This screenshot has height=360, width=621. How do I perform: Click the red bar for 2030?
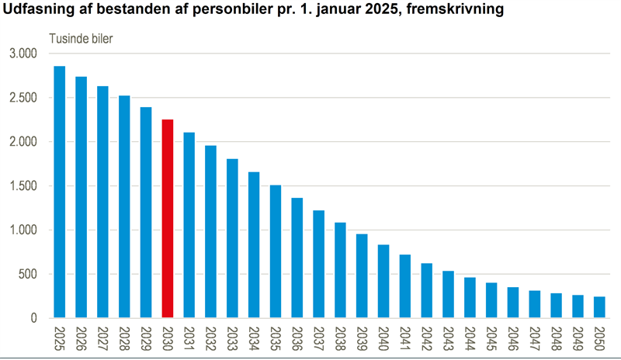[x=167, y=219]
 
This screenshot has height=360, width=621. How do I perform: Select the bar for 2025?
[x=59, y=192]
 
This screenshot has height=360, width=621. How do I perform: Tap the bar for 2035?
[x=276, y=251]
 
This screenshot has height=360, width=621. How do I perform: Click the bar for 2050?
[x=599, y=307]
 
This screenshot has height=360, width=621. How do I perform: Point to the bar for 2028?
[x=124, y=206]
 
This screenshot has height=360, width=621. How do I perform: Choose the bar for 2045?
[x=491, y=300]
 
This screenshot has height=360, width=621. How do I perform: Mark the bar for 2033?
[x=232, y=238]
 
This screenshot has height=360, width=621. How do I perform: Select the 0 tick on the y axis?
[x=33, y=318]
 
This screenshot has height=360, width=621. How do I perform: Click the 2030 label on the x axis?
[x=168, y=338]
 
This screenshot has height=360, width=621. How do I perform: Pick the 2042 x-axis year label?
[x=427, y=338]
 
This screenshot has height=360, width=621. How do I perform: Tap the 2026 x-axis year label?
[x=82, y=338]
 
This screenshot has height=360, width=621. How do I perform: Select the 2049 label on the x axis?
[x=578, y=338]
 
